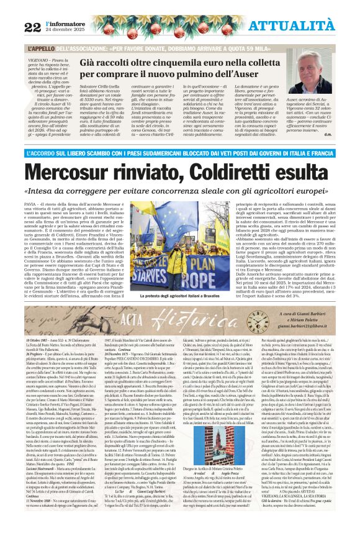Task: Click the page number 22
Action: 32,26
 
